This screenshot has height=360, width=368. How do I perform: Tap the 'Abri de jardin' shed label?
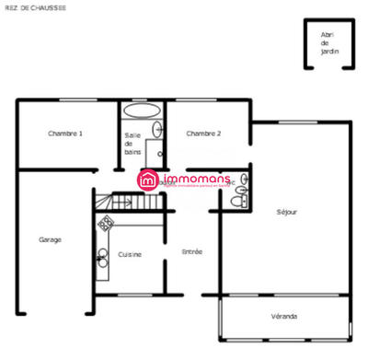(329, 42)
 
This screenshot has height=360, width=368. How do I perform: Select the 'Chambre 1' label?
(65, 134)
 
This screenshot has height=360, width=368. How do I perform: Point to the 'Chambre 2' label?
(203, 134)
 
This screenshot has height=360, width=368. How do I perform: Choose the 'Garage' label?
(50, 239)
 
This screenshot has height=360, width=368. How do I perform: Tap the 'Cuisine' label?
(130, 253)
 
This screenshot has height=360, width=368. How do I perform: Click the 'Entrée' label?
(191, 251)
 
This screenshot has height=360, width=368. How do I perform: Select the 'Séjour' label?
(286, 212)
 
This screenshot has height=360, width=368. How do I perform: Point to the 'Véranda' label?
(284, 317)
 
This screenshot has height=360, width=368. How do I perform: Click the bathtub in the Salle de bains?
(141, 110)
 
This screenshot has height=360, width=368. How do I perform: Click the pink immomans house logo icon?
(148, 180)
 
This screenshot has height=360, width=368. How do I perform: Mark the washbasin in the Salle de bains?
(156, 131)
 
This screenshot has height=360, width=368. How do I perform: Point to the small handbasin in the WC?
(243, 177)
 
